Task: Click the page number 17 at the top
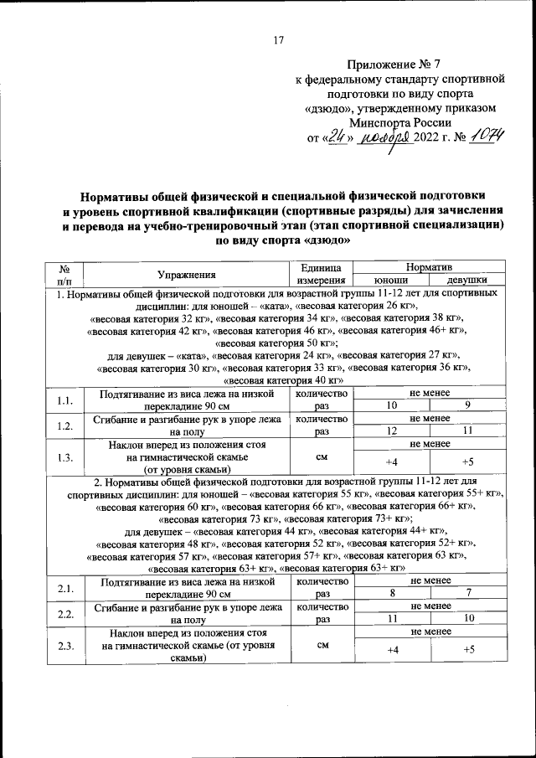[279, 39]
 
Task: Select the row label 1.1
[65, 400]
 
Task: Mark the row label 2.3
[65, 647]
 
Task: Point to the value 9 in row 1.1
[467, 406]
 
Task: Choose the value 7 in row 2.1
[467, 593]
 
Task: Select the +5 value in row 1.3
[467, 462]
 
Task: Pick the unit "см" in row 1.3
[319, 458]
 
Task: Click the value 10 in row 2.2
[467, 618]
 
